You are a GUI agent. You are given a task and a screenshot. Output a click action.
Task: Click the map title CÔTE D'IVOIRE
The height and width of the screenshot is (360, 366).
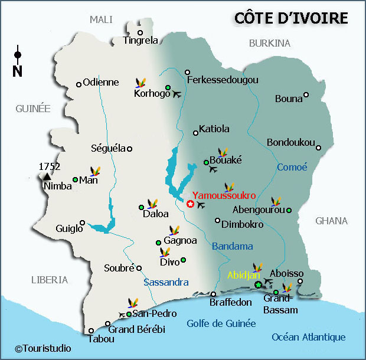tap(291, 18)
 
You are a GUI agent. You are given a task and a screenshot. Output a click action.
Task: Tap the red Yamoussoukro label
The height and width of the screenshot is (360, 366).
tap(224, 195)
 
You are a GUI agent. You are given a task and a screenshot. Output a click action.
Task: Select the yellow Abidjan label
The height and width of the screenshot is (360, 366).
tap(243, 275)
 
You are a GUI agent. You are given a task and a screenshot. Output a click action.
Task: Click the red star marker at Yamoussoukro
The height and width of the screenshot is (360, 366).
tap(190, 204)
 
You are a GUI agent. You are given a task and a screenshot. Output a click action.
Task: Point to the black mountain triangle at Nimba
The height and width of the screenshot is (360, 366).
tap(47, 176)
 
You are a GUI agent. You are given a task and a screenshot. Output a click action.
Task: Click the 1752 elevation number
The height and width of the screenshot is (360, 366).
tap(50, 166)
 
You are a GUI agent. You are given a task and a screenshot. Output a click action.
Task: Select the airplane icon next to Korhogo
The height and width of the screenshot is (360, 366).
tap(176, 94)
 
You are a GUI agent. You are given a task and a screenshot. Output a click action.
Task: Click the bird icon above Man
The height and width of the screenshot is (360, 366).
tap(94, 172)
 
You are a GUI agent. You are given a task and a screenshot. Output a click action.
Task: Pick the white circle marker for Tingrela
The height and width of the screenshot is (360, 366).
tap(140, 32)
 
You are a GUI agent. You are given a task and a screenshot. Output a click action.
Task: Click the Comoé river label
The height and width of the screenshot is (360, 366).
tap(292, 168)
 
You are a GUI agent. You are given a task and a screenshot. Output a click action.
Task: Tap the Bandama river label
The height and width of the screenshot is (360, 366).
tap(232, 246)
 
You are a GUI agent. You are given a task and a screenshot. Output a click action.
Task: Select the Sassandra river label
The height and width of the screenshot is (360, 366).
tap(166, 283)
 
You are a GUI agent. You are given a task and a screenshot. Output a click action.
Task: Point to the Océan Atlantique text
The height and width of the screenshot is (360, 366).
tap(308, 337)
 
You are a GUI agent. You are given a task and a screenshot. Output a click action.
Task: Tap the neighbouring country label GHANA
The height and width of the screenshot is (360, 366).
tap(331, 221)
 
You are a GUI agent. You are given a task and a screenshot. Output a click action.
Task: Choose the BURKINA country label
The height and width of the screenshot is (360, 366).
tap(270, 43)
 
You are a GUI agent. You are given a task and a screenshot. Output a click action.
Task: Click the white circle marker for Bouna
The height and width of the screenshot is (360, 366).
tap(306, 95)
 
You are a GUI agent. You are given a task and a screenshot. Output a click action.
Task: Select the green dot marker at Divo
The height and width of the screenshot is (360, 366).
tap(183, 260)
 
